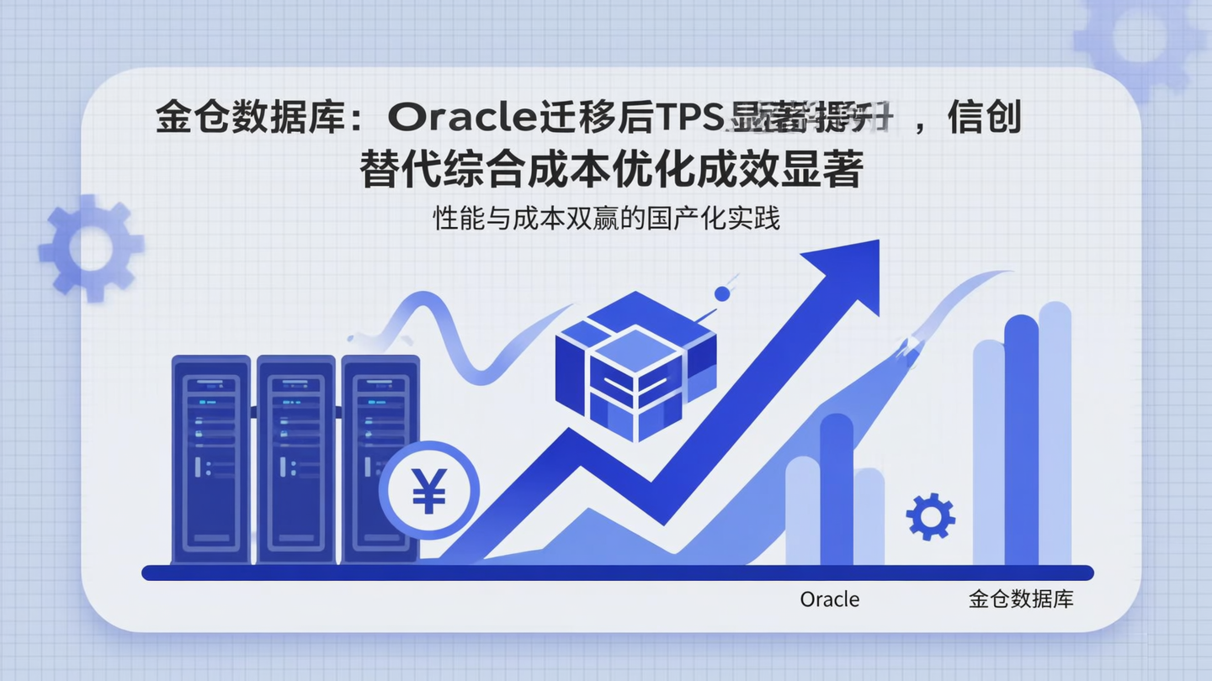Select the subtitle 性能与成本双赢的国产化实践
point(606,219)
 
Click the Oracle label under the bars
point(830,599)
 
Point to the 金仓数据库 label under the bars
point(1021,599)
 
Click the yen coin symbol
point(428,491)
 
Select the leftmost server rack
point(210,459)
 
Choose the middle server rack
point(295,459)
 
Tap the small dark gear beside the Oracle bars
point(930,516)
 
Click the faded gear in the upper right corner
point(1141,38)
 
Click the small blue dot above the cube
point(721,293)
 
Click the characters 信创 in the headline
point(984,118)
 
